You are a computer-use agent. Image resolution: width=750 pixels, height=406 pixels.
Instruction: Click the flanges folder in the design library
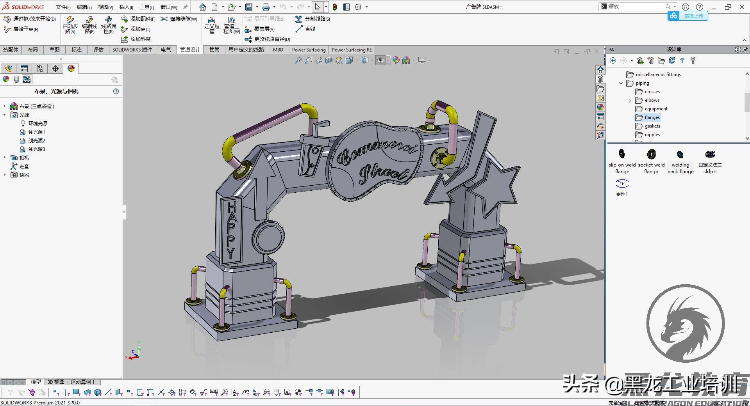click(652, 117)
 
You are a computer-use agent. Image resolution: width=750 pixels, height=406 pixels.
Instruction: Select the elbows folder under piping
click(652, 100)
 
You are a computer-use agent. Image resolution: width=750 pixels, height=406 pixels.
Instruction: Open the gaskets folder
click(652, 126)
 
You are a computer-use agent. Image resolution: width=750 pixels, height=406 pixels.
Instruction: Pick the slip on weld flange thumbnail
click(622, 154)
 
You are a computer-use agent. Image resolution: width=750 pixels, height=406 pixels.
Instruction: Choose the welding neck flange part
click(680, 154)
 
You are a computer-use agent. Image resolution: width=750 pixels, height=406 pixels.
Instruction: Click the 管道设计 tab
click(190, 50)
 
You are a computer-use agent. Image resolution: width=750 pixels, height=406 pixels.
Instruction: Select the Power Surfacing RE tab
click(352, 50)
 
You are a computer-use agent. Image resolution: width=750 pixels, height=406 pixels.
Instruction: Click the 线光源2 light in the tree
click(37, 140)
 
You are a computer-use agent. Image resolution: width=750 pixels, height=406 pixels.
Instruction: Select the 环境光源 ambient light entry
click(37, 123)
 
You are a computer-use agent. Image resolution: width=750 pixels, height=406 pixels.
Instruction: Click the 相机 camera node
click(24, 158)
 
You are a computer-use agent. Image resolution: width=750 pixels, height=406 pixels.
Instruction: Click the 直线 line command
click(310, 29)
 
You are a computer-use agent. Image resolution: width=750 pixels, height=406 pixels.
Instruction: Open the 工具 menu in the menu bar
click(146, 7)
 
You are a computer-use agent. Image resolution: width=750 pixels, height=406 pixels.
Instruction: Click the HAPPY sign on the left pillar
click(231, 230)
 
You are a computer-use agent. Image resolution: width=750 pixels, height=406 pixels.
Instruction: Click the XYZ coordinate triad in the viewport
click(134, 353)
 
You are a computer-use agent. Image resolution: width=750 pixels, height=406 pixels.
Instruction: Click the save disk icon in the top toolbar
click(248, 7)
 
